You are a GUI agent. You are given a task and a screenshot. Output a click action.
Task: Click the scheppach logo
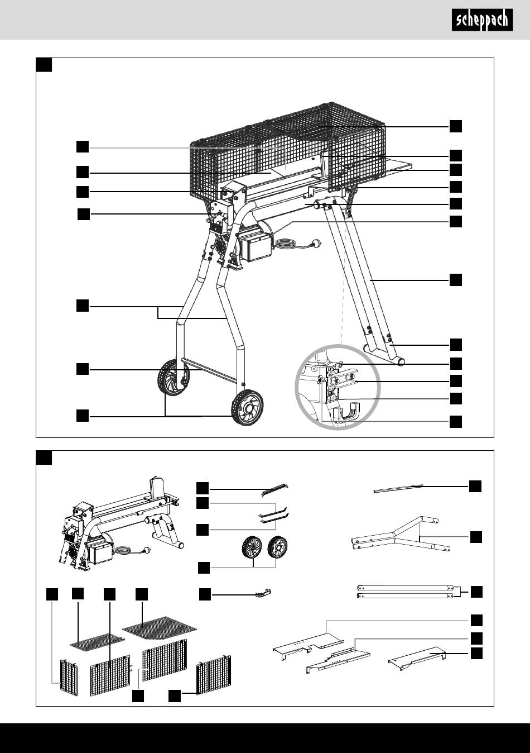[482, 20]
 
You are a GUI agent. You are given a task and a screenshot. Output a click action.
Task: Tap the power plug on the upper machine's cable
[317, 243]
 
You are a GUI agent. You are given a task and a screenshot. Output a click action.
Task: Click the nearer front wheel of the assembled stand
[247, 408]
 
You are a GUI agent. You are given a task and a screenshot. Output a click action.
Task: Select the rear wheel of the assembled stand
[173, 378]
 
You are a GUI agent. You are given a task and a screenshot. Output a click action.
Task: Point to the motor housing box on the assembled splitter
[259, 246]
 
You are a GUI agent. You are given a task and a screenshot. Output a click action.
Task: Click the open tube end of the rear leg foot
[400, 362]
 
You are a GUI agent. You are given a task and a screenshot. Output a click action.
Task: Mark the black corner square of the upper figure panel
[44, 65]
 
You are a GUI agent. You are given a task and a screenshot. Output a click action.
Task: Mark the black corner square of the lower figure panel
[44, 457]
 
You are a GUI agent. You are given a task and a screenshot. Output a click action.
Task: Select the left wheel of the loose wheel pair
[252, 547]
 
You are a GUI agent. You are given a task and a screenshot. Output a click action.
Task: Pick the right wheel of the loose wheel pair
[277, 546]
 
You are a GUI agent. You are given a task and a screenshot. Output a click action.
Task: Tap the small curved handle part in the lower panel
[263, 594]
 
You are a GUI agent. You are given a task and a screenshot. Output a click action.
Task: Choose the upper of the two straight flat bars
[406, 588]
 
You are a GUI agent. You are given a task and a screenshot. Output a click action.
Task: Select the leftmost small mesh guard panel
[69, 676]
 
